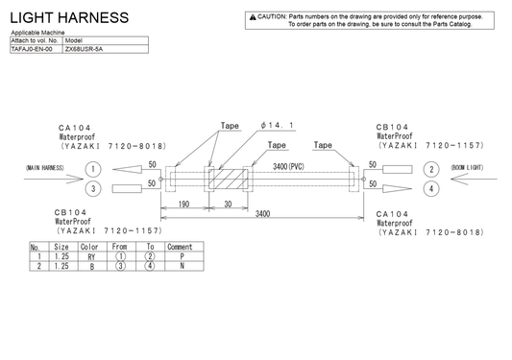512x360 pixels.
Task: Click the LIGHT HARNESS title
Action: click(68, 18)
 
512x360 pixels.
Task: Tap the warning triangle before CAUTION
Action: click(252, 17)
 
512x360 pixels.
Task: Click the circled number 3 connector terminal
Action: click(92, 188)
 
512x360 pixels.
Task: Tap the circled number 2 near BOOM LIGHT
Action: click(431, 169)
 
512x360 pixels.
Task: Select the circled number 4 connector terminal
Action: click(431, 188)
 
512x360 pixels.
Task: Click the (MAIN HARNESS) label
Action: click(44, 169)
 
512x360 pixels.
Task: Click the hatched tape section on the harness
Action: click(230, 180)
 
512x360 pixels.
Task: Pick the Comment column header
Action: click(180, 247)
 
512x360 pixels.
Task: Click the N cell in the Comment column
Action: click(180, 267)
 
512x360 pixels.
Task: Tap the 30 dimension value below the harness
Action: click(229, 204)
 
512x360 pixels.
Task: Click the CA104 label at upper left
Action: click(73, 127)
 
